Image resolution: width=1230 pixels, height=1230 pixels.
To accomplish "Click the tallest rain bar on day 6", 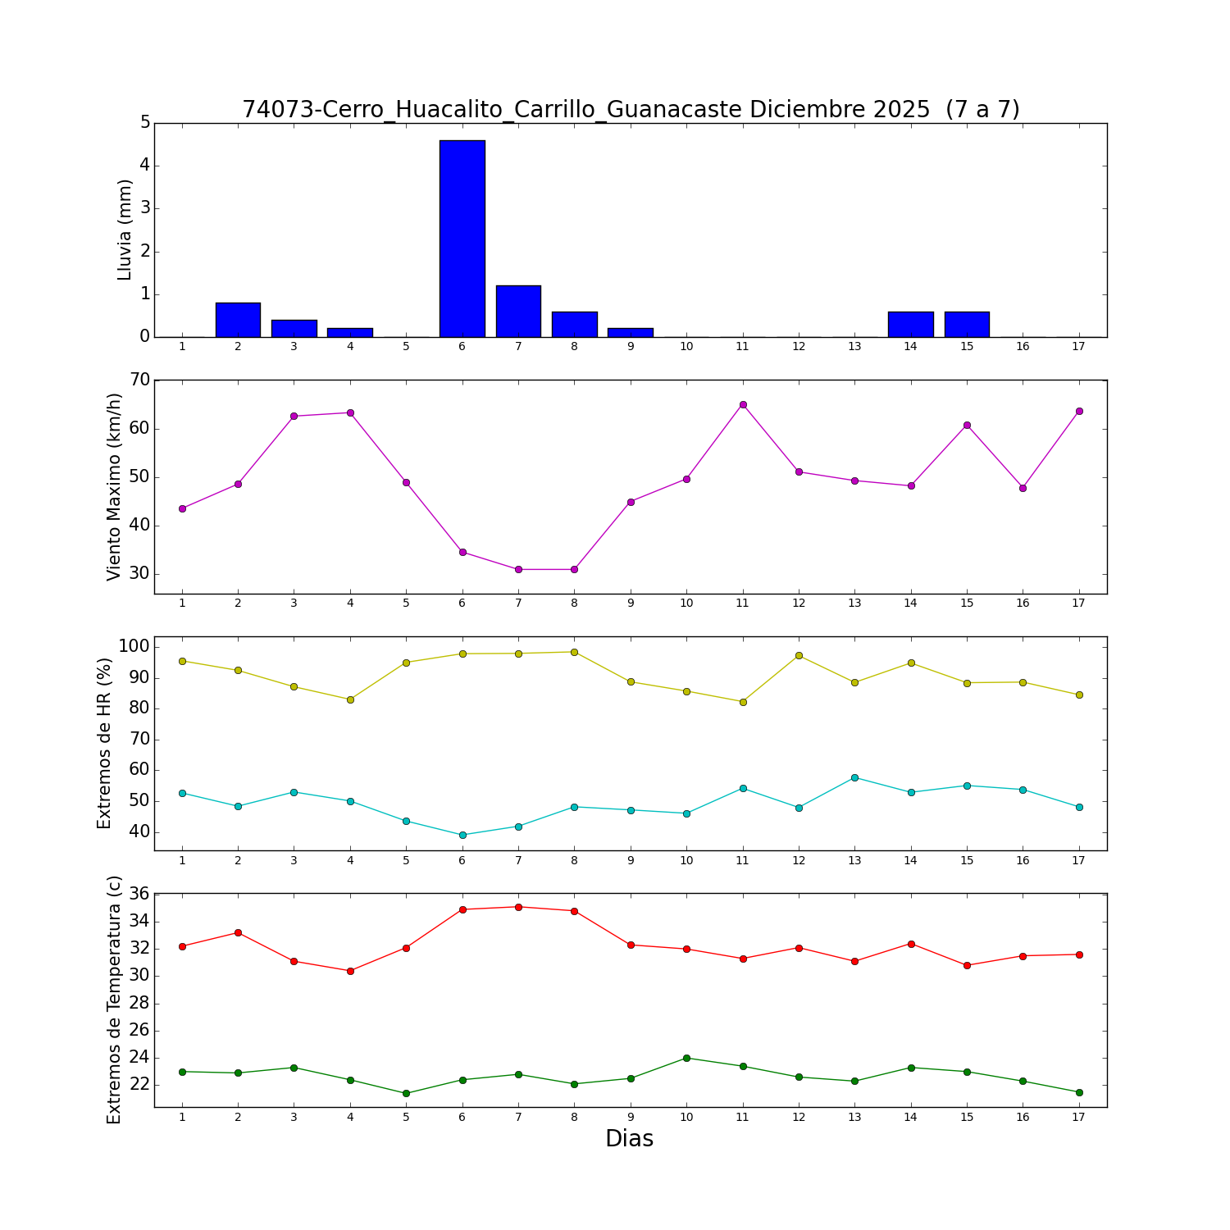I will pos(462,239).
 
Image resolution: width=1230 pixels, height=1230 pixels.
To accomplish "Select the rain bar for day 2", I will pos(238,320).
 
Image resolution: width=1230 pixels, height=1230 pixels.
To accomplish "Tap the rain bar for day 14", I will pos(910,324).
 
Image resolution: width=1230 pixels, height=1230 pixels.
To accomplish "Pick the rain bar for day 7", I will pos(518,312).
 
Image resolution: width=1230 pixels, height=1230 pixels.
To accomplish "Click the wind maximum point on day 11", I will pos(743,404).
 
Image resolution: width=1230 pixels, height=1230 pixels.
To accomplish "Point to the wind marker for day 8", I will pos(574,569).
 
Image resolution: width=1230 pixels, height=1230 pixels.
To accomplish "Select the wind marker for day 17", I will pos(1079,411).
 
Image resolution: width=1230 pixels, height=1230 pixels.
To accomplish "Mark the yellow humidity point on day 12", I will pos(799,655).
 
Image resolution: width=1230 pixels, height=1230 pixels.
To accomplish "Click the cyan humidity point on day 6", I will pos(462,835).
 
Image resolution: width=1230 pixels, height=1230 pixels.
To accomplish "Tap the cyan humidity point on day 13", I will pos(854,777).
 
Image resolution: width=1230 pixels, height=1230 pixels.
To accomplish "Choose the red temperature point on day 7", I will pos(518,907).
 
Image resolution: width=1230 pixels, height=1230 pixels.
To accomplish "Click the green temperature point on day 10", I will pos(686,1058).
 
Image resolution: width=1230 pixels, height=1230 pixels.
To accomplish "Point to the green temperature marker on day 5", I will pos(406,1093).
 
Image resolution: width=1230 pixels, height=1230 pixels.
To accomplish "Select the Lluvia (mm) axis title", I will pos(125,230).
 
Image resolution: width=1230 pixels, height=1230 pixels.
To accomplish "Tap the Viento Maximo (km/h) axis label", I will pos(114,486).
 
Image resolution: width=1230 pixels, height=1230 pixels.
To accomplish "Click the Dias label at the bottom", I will pos(629,1138).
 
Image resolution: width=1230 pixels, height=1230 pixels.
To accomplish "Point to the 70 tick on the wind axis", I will pos(140,380).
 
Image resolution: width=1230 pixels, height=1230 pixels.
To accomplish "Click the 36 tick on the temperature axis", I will pos(140,894).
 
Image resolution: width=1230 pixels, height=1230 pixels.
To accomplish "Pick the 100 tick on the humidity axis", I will pos(134,646).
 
